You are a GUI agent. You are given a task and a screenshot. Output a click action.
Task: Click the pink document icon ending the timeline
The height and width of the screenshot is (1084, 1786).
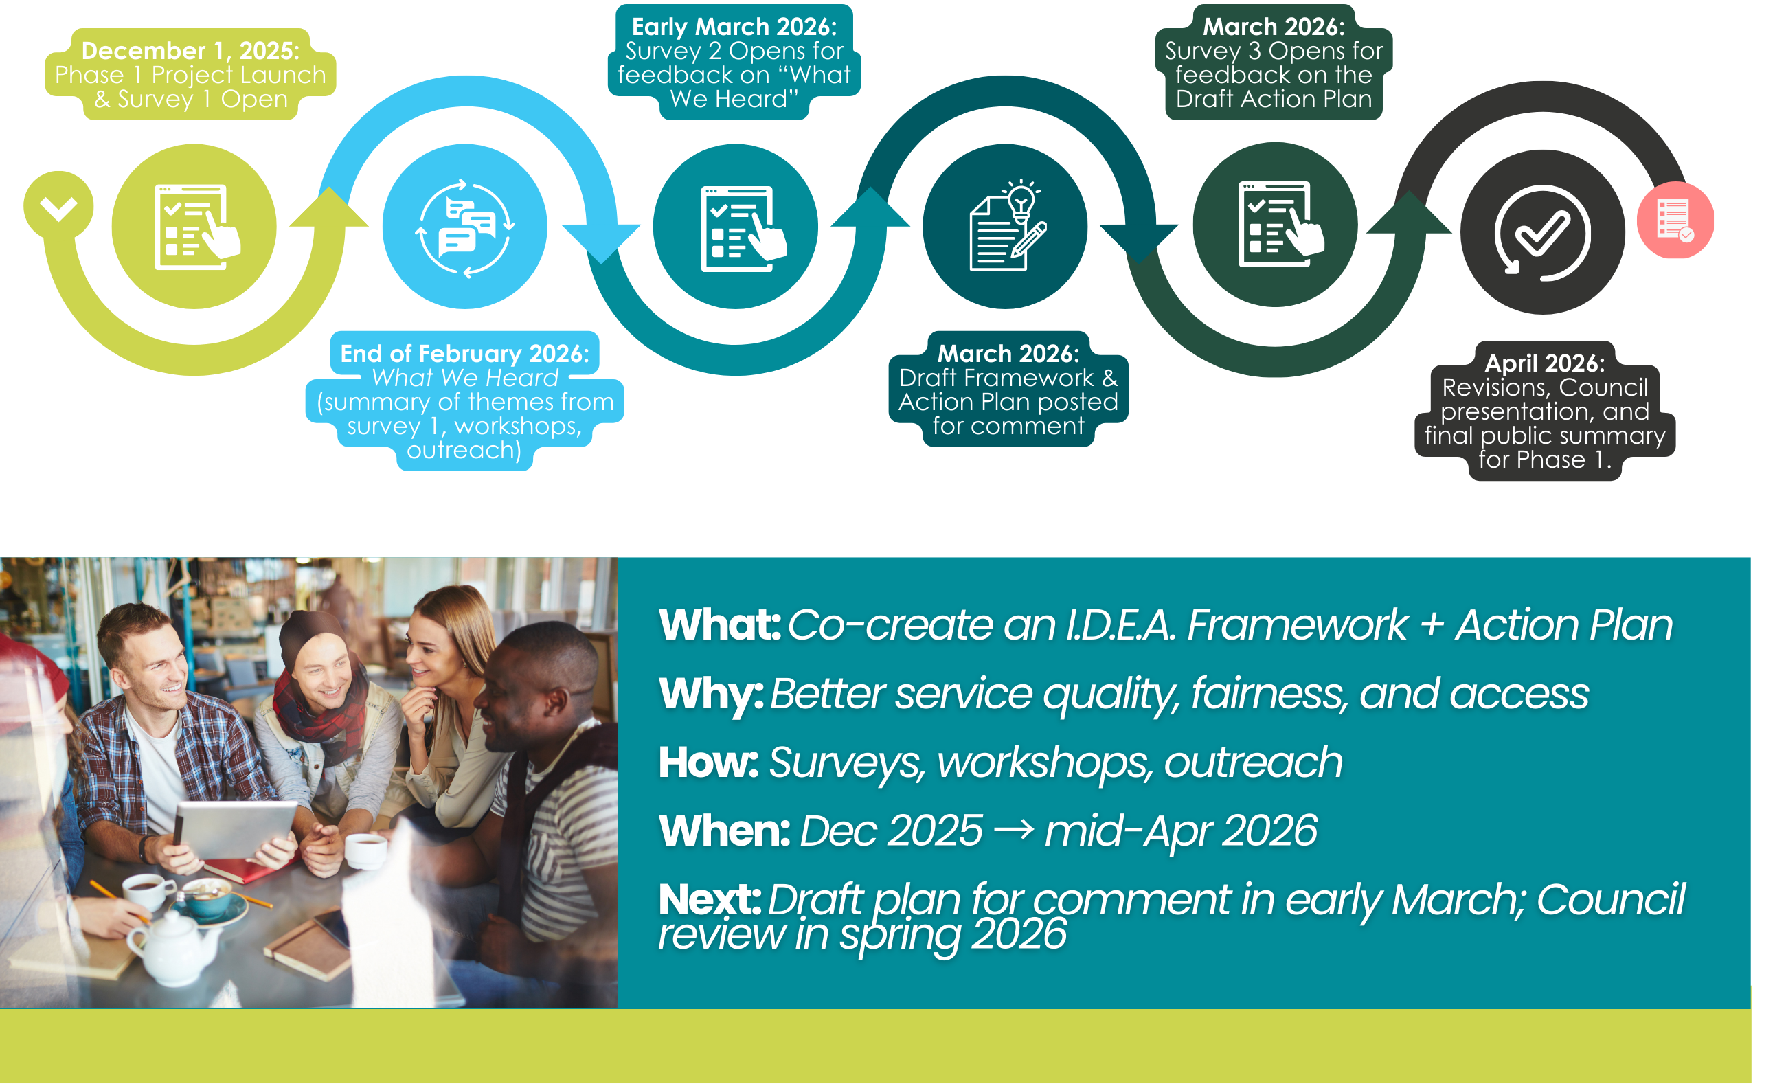[x=1675, y=220]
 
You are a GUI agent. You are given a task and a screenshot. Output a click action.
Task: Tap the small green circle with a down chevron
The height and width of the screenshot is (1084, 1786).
[x=58, y=206]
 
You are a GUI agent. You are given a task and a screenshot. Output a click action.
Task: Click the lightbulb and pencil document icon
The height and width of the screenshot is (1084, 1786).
[x=1008, y=225]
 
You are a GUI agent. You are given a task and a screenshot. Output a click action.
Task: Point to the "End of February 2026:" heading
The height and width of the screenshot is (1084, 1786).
[x=464, y=353]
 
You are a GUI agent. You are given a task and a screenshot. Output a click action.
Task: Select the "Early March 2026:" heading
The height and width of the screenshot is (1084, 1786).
[x=734, y=27]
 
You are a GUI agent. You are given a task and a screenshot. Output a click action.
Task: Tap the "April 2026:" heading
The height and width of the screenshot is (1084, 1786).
[x=1545, y=363]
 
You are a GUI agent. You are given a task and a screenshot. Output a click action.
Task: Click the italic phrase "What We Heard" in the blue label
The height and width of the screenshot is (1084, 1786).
[x=464, y=378]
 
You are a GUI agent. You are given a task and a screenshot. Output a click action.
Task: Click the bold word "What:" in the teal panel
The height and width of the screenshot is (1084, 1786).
[x=719, y=624]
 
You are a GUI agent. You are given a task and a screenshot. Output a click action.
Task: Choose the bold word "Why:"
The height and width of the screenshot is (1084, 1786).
[x=710, y=694]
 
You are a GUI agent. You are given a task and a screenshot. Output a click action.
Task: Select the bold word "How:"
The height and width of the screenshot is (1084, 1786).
[x=708, y=762]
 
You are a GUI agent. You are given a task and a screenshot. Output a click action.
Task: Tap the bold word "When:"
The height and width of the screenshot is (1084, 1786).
[x=723, y=831]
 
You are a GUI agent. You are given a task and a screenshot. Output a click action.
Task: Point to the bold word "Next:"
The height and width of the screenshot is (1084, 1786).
[x=709, y=900]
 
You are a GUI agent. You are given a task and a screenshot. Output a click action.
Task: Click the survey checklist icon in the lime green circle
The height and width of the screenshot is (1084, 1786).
[x=196, y=227]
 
